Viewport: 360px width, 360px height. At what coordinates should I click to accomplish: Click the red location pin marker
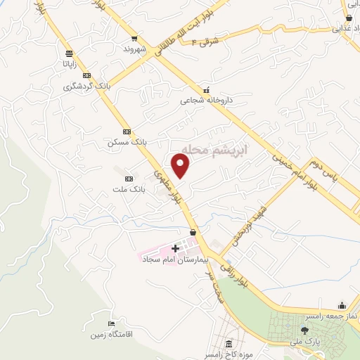coord(182,166)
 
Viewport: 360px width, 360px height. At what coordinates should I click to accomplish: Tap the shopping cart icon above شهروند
coord(134,39)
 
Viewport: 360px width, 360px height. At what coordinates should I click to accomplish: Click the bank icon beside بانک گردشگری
coord(86,75)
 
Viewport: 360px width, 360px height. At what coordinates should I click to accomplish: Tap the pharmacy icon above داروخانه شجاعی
coord(206,90)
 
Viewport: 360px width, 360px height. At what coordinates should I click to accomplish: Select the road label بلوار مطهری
coord(167,182)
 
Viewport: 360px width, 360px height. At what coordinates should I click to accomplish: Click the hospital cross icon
coord(175,248)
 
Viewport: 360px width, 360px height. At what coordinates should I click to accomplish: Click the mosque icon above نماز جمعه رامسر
coord(342,304)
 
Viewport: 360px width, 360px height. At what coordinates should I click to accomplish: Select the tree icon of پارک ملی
coord(304,330)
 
